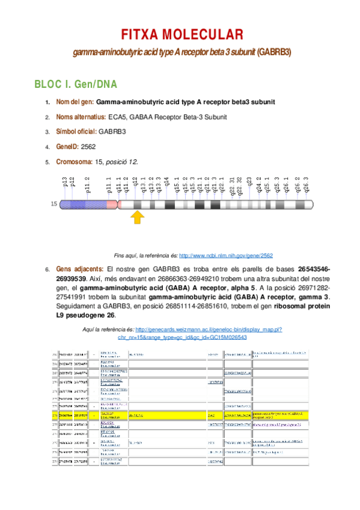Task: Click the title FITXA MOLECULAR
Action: click(180, 34)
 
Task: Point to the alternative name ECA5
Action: click(117, 117)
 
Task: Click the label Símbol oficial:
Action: click(76, 131)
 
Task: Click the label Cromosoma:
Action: click(75, 161)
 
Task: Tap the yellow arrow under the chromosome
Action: click(138, 217)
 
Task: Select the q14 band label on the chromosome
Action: click(166, 182)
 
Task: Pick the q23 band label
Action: click(249, 182)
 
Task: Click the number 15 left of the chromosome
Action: click(54, 204)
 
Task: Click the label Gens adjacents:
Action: click(79, 269)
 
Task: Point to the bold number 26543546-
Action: click(309, 269)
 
